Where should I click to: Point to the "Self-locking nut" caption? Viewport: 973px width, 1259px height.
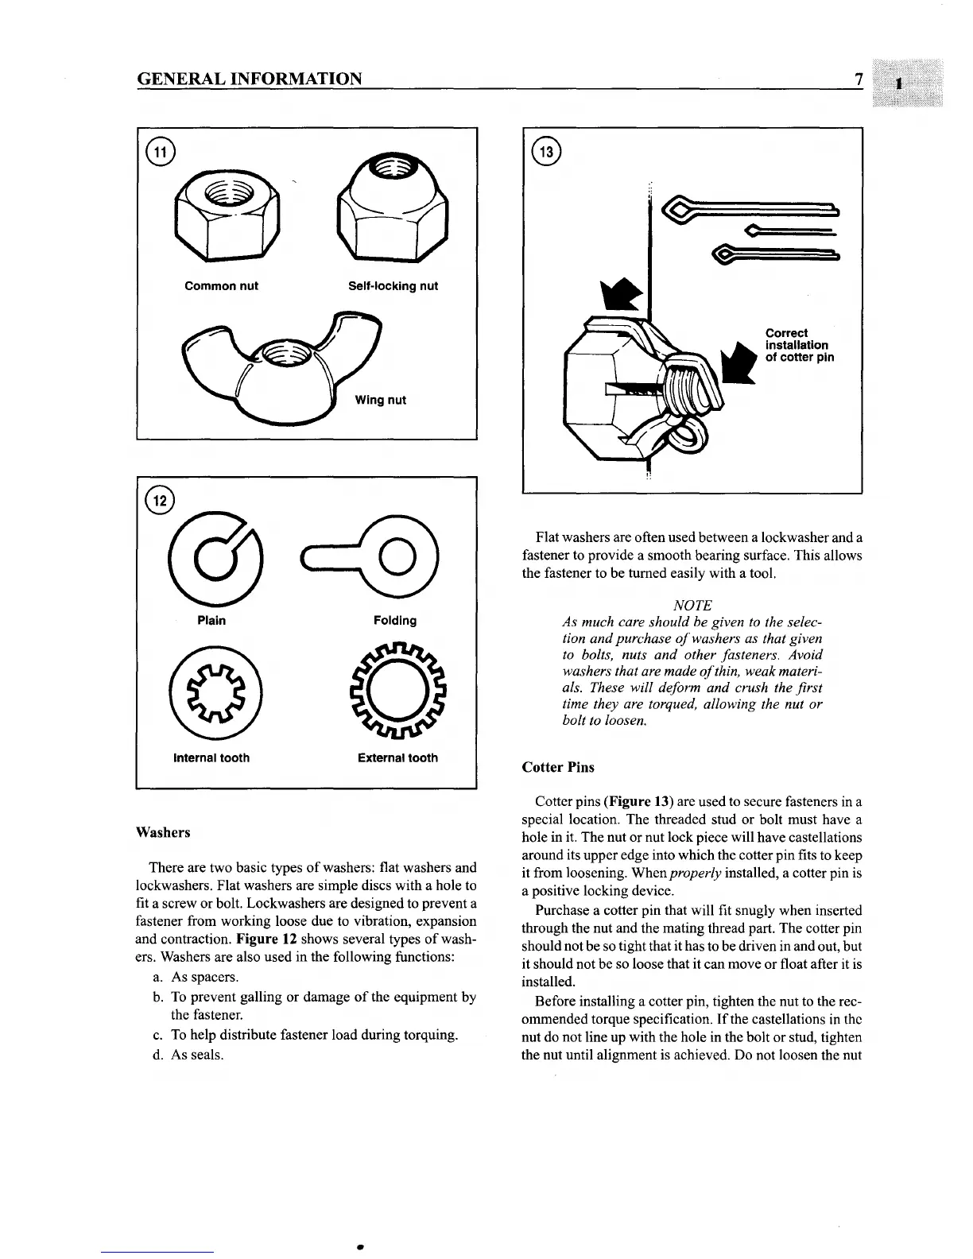pos(393,286)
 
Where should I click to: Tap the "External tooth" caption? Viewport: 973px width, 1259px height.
pos(397,757)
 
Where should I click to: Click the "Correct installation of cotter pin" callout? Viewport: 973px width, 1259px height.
pos(799,345)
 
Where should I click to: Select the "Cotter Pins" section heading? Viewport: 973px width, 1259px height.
pos(558,767)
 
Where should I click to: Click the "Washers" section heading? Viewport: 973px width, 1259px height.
pos(163,832)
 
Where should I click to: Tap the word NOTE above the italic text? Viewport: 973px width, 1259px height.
pos(692,605)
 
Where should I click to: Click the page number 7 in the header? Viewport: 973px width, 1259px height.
pos(859,79)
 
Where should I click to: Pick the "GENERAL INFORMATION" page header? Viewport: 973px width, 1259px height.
pos(250,79)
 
